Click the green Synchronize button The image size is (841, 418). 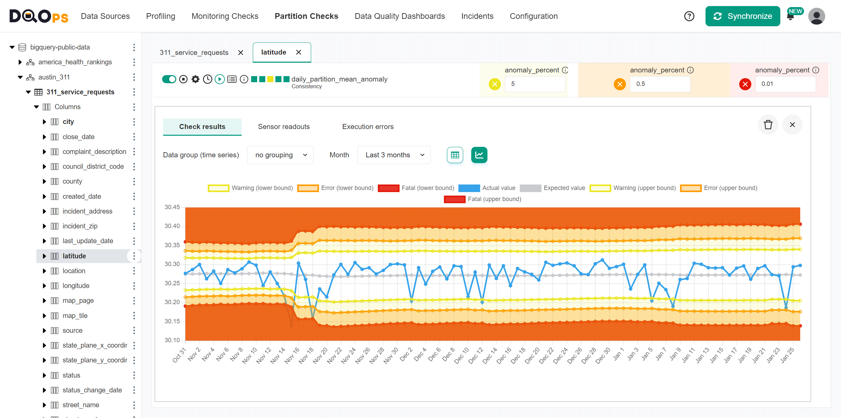click(x=743, y=16)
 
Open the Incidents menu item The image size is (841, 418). click(x=477, y=16)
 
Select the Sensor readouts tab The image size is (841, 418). click(x=283, y=127)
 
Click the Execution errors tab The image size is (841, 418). click(x=368, y=127)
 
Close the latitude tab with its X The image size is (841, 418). click(x=299, y=52)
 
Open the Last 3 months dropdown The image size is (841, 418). click(x=394, y=155)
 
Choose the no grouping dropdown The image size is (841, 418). click(x=280, y=155)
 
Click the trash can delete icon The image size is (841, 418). click(x=768, y=125)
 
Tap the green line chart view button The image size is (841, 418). click(x=479, y=155)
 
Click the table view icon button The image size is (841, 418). click(x=455, y=155)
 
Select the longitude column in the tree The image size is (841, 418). click(x=76, y=286)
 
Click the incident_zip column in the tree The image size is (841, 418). click(x=80, y=226)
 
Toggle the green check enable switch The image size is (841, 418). click(x=169, y=79)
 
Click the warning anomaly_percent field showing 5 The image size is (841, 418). click(x=535, y=84)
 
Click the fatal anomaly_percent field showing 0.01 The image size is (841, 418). click(x=785, y=84)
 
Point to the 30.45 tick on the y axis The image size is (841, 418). click(x=172, y=207)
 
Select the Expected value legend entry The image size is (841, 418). click(x=564, y=188)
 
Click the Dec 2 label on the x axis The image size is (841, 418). click(x=406, y=355)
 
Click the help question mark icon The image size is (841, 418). click(x=689, y=16)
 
